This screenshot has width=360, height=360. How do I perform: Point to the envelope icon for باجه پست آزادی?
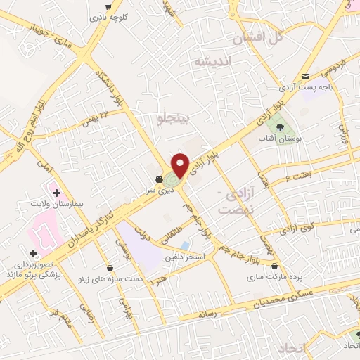304,77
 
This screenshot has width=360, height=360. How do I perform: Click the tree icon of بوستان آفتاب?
281,127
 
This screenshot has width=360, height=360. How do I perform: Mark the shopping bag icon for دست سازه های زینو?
110,268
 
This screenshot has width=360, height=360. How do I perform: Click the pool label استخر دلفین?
185,258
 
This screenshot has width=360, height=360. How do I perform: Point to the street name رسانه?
212,314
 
